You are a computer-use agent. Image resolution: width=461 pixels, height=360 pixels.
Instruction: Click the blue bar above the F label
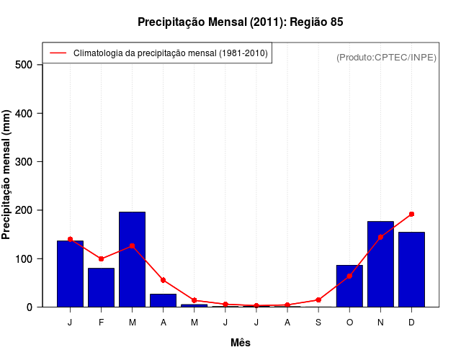(x=101, y=287)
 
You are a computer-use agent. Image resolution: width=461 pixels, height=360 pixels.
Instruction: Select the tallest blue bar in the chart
(x=132, y=259)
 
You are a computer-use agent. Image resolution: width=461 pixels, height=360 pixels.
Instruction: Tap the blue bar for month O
(x=349, y=286)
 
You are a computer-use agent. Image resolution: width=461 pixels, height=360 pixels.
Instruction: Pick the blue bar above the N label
(x=380, y=264)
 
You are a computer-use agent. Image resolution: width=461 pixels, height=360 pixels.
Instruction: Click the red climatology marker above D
(x=411, y=214)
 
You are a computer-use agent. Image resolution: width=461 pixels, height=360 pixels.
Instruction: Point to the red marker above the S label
(x=318, y=300)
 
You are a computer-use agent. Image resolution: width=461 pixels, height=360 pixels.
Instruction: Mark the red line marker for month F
(x=101, y=258)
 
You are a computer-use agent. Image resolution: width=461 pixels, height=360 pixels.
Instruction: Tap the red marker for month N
(x=380, y=237)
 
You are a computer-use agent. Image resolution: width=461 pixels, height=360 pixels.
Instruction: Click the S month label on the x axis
(x=318, y=322)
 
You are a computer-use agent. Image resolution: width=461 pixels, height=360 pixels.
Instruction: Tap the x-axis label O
(x=349, y=322)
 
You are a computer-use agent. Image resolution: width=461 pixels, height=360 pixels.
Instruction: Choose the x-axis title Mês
(x=241, y=343)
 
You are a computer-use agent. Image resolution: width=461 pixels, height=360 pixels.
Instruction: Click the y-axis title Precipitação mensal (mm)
(x=7, y=175)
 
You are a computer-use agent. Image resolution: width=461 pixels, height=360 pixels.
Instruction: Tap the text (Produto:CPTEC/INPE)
(x=386, y=57)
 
